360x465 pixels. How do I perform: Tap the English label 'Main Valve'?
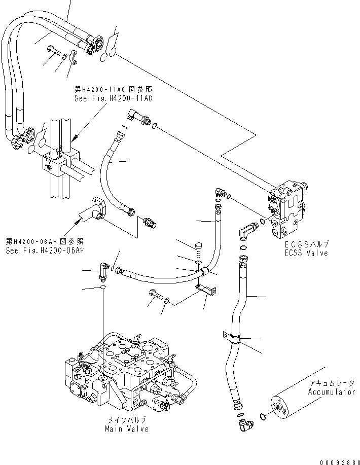(127, 430)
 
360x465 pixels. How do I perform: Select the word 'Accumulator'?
(331, 392)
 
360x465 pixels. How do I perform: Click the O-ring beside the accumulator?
(261, 417)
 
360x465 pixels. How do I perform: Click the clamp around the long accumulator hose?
(232, 338)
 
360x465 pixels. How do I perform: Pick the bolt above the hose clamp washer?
(199, 248)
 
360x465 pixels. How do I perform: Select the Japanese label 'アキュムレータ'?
(331, 384)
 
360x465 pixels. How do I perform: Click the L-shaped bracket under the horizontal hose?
(206, 291)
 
